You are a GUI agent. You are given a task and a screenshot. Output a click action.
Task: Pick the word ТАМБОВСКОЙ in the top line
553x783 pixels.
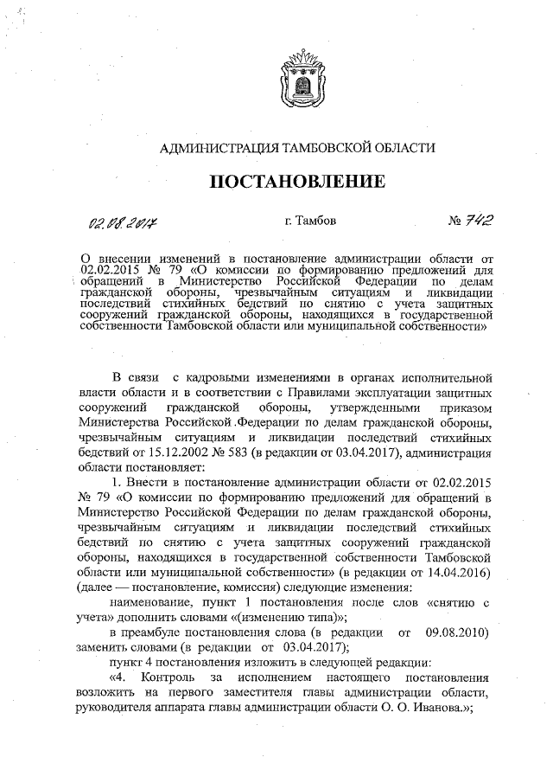click(336, 148)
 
